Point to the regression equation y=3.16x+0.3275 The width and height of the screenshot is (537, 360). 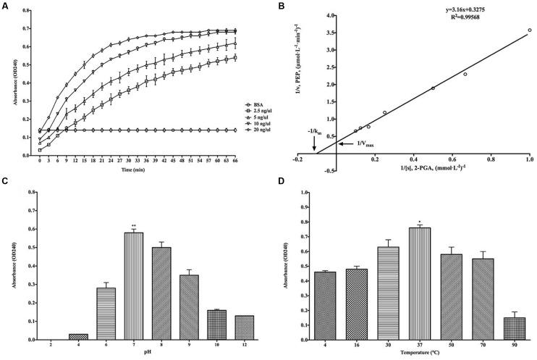pos(473,9)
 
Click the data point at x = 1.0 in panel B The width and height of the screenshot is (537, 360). pos(530,30)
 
